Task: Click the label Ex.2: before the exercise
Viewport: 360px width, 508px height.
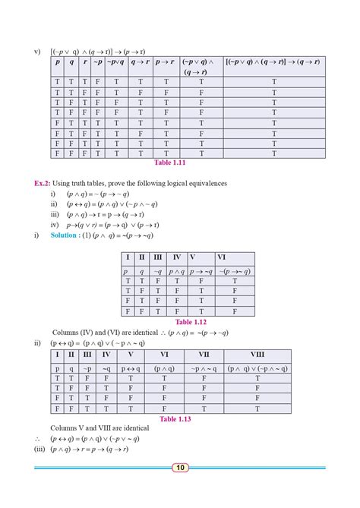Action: pos(43,183)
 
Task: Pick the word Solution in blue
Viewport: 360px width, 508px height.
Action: pos(65,235)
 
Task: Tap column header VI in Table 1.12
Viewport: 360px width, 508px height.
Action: pos(221,257)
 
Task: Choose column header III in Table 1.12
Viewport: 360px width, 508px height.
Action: pos(158,257)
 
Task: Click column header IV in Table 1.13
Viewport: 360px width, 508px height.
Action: pos(106,354)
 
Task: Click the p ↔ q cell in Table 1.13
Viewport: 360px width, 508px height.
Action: pos(131,368)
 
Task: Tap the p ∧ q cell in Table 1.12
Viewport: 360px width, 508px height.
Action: pos(177,271)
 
